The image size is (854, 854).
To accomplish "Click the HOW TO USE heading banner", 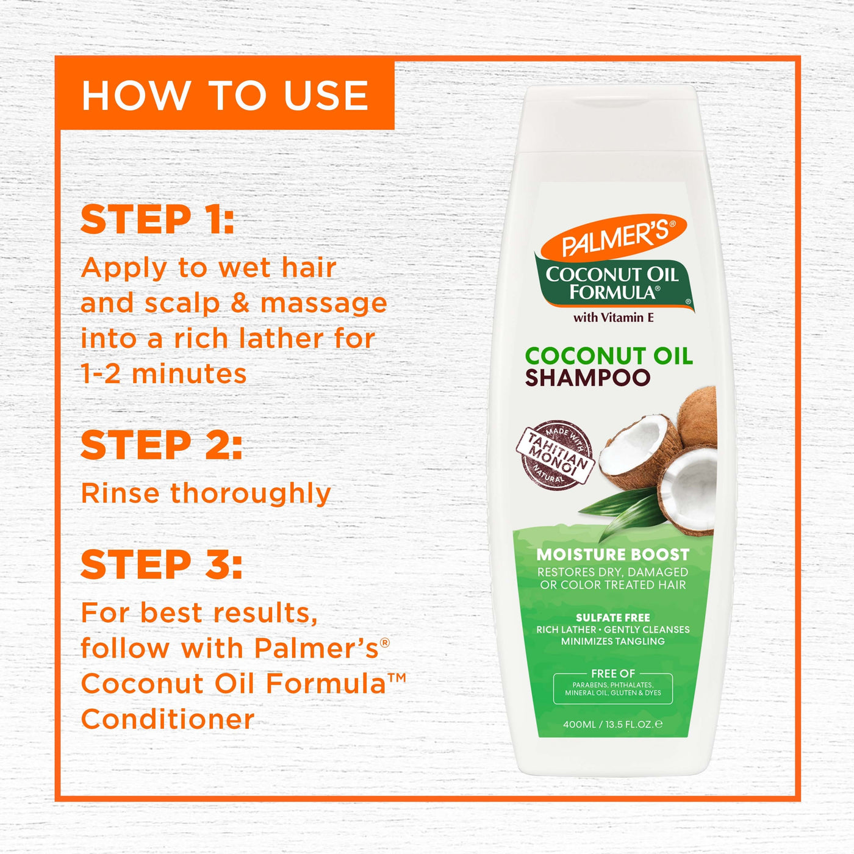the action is coord(224,95).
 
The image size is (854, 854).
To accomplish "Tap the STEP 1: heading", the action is coord(157,220).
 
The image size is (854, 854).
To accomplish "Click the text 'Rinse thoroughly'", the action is coord(206,493).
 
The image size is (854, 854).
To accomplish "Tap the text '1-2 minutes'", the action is coord(163,373).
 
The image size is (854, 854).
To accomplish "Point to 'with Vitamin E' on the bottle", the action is coord(614,317).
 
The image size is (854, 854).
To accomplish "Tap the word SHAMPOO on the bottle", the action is coord(587,378).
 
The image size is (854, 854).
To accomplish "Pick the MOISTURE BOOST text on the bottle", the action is coord(613,554).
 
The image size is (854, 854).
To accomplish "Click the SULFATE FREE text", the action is coord(613,617).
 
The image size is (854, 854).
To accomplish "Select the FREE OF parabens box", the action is coord(613,687).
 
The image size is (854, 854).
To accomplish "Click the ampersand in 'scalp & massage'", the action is coord(240,303).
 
